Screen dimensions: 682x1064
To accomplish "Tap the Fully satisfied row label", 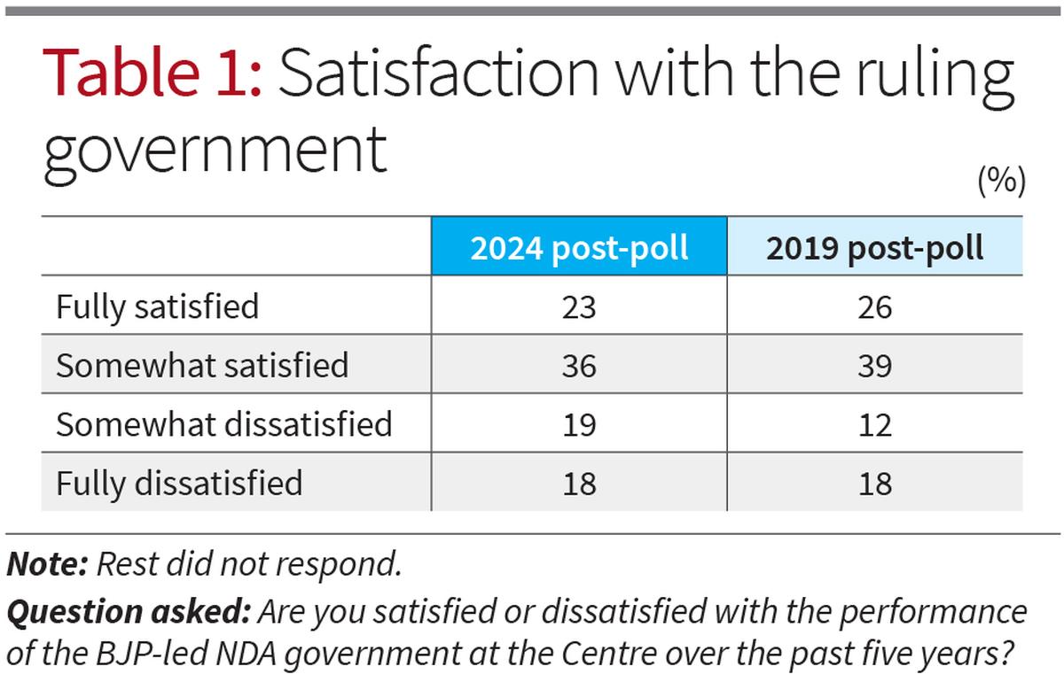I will [158, 307].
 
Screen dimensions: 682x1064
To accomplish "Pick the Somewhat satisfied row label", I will [202, 366].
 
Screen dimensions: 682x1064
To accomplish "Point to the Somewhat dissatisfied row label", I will [224, 424].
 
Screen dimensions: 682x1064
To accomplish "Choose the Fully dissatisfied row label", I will [179, 484].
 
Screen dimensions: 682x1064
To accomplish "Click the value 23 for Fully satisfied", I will [579, 307].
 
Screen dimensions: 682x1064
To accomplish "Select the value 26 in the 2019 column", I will [874, 307].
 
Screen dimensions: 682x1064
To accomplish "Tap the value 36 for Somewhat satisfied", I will [579, 366].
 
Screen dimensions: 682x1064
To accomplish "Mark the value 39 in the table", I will [874, 366].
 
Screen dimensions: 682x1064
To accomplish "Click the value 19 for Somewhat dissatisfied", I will [579, 425].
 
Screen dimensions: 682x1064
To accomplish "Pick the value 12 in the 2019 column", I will [874, 425].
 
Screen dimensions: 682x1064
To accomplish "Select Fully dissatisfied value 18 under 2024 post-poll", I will [579, 484].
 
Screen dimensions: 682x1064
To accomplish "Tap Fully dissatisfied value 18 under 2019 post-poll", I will [874, 484].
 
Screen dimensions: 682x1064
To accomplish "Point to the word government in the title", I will [215, 148].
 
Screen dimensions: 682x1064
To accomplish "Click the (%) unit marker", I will [1001, 181].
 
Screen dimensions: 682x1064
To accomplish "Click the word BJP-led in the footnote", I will [135, 656].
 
